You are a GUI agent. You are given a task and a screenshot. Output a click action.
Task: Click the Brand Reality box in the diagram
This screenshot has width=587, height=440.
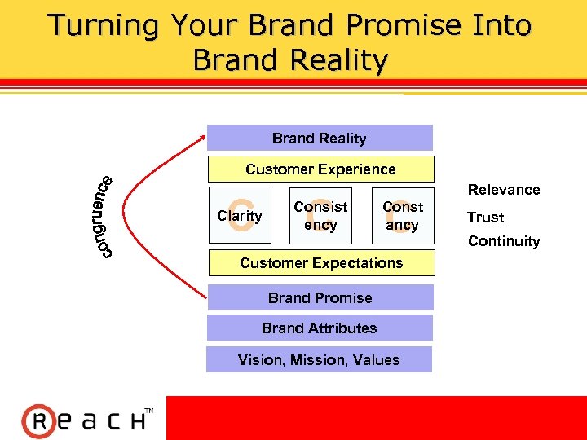pos(320,138)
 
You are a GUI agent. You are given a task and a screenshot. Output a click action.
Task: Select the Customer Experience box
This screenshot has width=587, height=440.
pos(320,169)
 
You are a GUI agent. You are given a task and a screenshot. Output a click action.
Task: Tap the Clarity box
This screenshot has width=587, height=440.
pos(240,216)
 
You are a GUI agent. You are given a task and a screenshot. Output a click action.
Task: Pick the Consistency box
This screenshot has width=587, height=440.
pos(320,216)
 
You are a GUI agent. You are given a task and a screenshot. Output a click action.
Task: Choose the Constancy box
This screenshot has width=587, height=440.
pos(403,216)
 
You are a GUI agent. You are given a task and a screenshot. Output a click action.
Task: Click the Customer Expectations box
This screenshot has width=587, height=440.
pos(321,263)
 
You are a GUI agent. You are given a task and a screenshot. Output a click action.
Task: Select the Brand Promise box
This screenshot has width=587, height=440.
pos(320,297)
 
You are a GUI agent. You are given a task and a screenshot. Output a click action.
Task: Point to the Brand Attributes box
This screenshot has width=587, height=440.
pos(320,328)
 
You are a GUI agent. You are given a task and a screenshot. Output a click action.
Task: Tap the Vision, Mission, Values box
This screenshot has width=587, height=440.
pos(319,359)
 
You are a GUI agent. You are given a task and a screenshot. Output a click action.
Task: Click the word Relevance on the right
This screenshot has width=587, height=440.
pos(504,190)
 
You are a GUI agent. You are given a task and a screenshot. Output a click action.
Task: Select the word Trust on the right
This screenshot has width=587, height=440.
pos(485,218)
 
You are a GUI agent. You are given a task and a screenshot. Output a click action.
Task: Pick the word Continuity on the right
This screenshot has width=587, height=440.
pos(504,241)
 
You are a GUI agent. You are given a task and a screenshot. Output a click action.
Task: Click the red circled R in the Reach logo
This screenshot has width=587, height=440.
pos(38,421)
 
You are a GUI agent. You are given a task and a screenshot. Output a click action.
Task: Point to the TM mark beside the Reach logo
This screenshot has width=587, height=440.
pos(148,410)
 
